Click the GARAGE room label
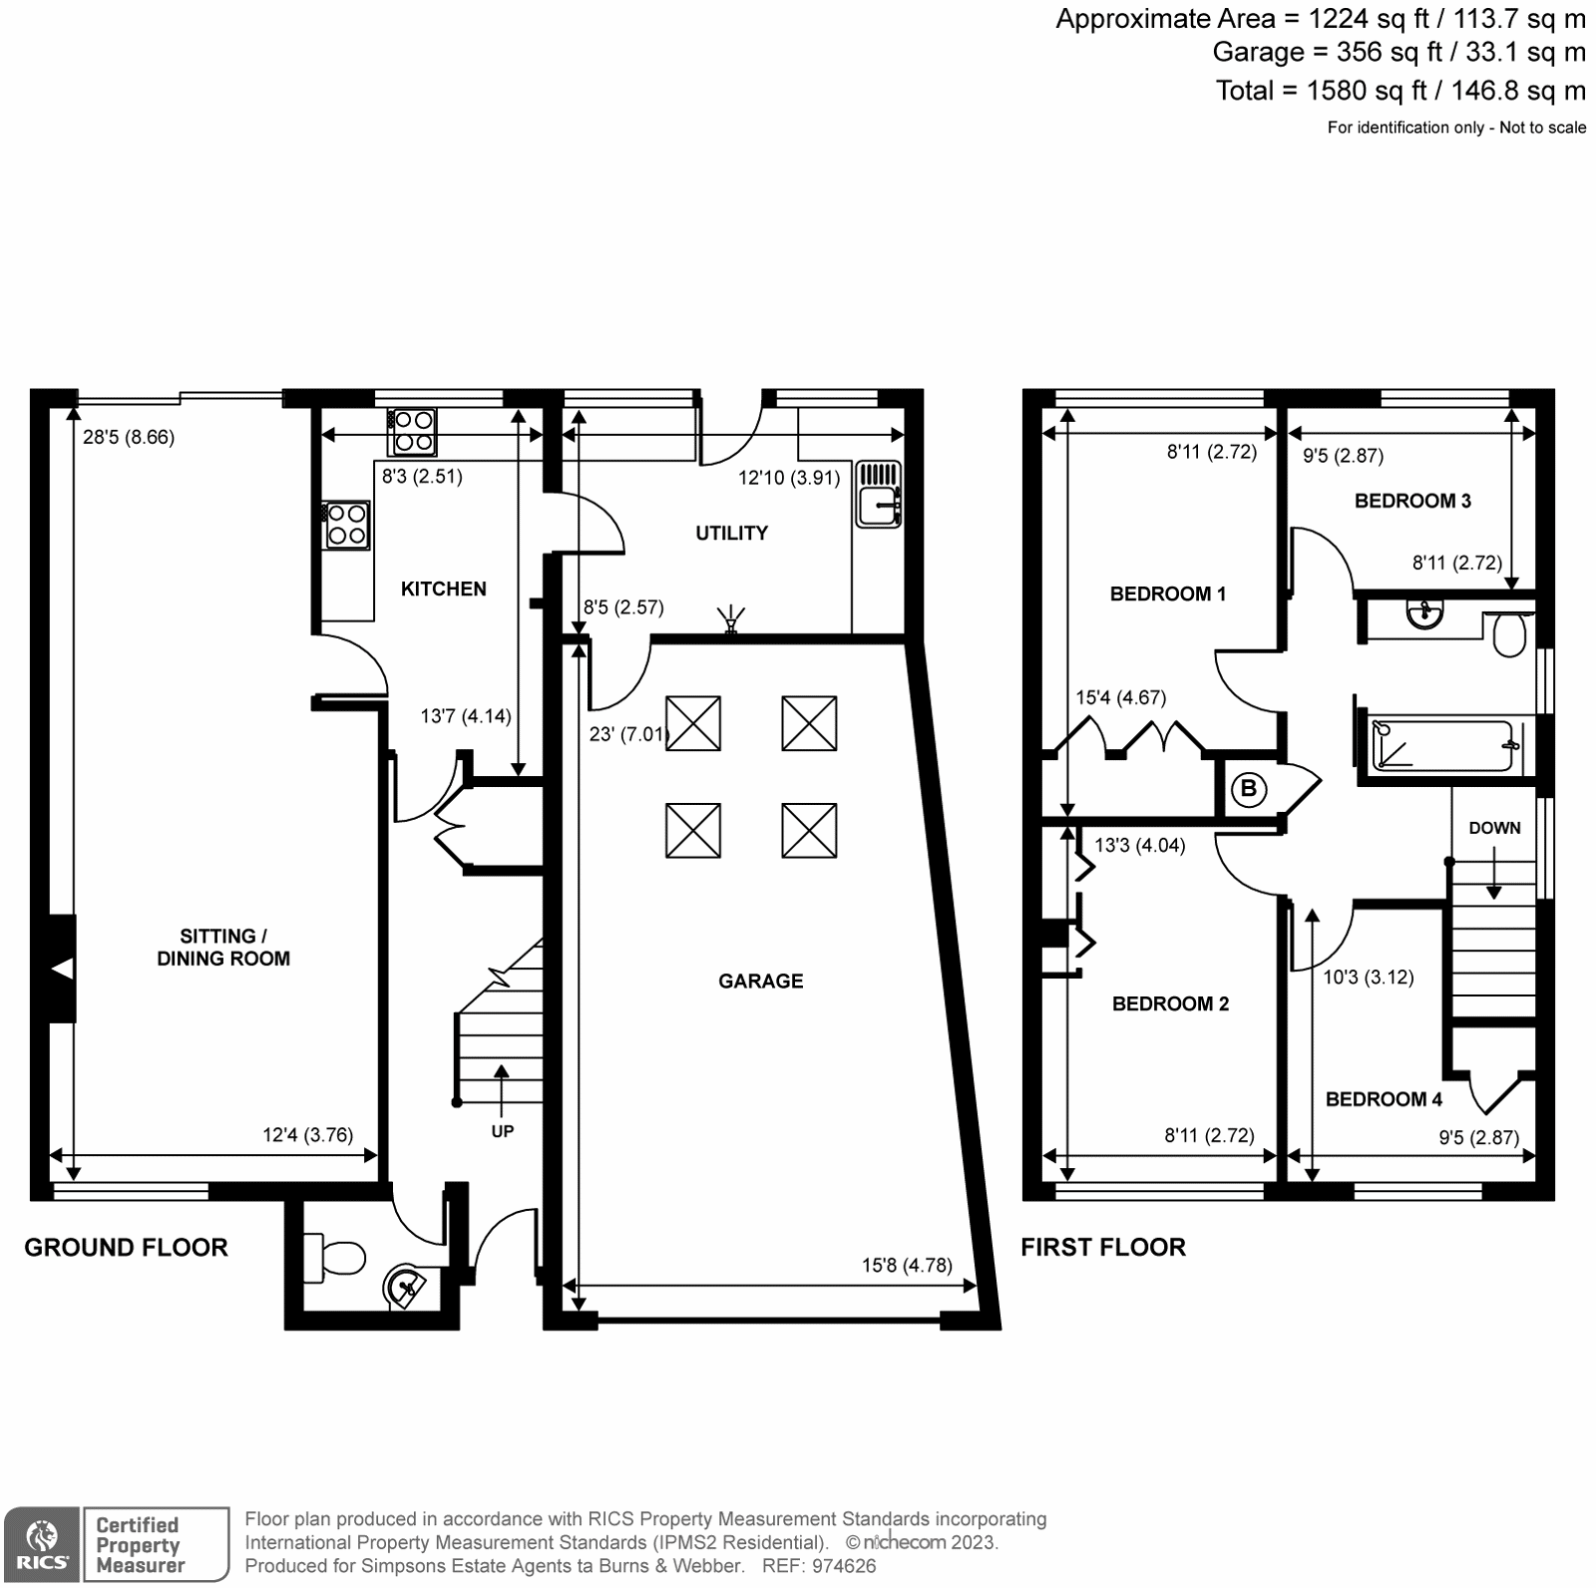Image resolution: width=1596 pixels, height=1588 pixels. click(x=760, y=981)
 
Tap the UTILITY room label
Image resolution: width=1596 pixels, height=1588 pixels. click(x=731, y=533)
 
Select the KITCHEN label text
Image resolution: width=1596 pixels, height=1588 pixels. click(x=443, y=589)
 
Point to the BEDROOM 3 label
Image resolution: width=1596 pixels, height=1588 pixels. click(x=1411, y=501)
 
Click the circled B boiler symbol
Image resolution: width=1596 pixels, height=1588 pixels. click(x=1247, y=790)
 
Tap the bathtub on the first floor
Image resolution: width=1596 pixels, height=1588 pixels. click(x=1442, y=745)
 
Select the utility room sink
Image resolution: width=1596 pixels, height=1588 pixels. click(x=878, y=494)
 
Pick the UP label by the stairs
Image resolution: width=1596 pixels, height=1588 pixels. click(x=502, y=1131)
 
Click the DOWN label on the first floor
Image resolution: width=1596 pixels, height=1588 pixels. click(x=1493, y=828)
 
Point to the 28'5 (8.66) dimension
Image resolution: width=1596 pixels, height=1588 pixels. click(x=129, y=437)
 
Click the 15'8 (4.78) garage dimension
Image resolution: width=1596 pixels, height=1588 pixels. click(x=907, y=1265)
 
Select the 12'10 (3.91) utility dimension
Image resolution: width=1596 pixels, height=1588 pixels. click(x=789, y=478)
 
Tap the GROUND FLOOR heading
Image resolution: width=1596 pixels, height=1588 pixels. click(x=126, y=1247)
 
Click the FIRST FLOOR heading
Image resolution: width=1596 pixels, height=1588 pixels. click(x=1102, y=1247)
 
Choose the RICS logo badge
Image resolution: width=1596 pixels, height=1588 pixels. click(x=41, y=1544)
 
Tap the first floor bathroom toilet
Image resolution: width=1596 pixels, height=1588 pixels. click(x=1510, y=634)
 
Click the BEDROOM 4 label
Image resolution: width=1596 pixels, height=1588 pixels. click(x=1383, y=1099)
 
